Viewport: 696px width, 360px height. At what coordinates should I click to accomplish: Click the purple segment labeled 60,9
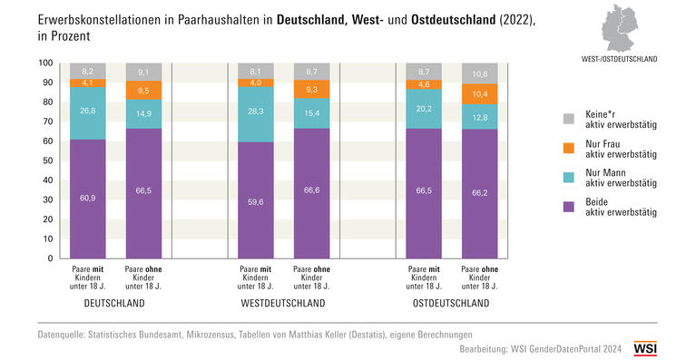88,199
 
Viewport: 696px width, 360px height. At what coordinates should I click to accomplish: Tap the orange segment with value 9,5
144,91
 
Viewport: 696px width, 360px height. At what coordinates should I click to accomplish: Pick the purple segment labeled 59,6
257,200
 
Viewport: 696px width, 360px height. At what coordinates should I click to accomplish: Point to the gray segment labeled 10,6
480,73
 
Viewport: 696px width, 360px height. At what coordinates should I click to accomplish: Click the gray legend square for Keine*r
568,119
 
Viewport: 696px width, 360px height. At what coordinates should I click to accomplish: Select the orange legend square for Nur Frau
568,148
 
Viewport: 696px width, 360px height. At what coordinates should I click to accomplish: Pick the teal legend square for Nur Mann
568,177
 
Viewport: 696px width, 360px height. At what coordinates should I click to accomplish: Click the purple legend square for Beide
568,206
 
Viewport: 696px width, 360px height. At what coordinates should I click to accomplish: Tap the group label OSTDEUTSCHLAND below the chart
451,303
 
